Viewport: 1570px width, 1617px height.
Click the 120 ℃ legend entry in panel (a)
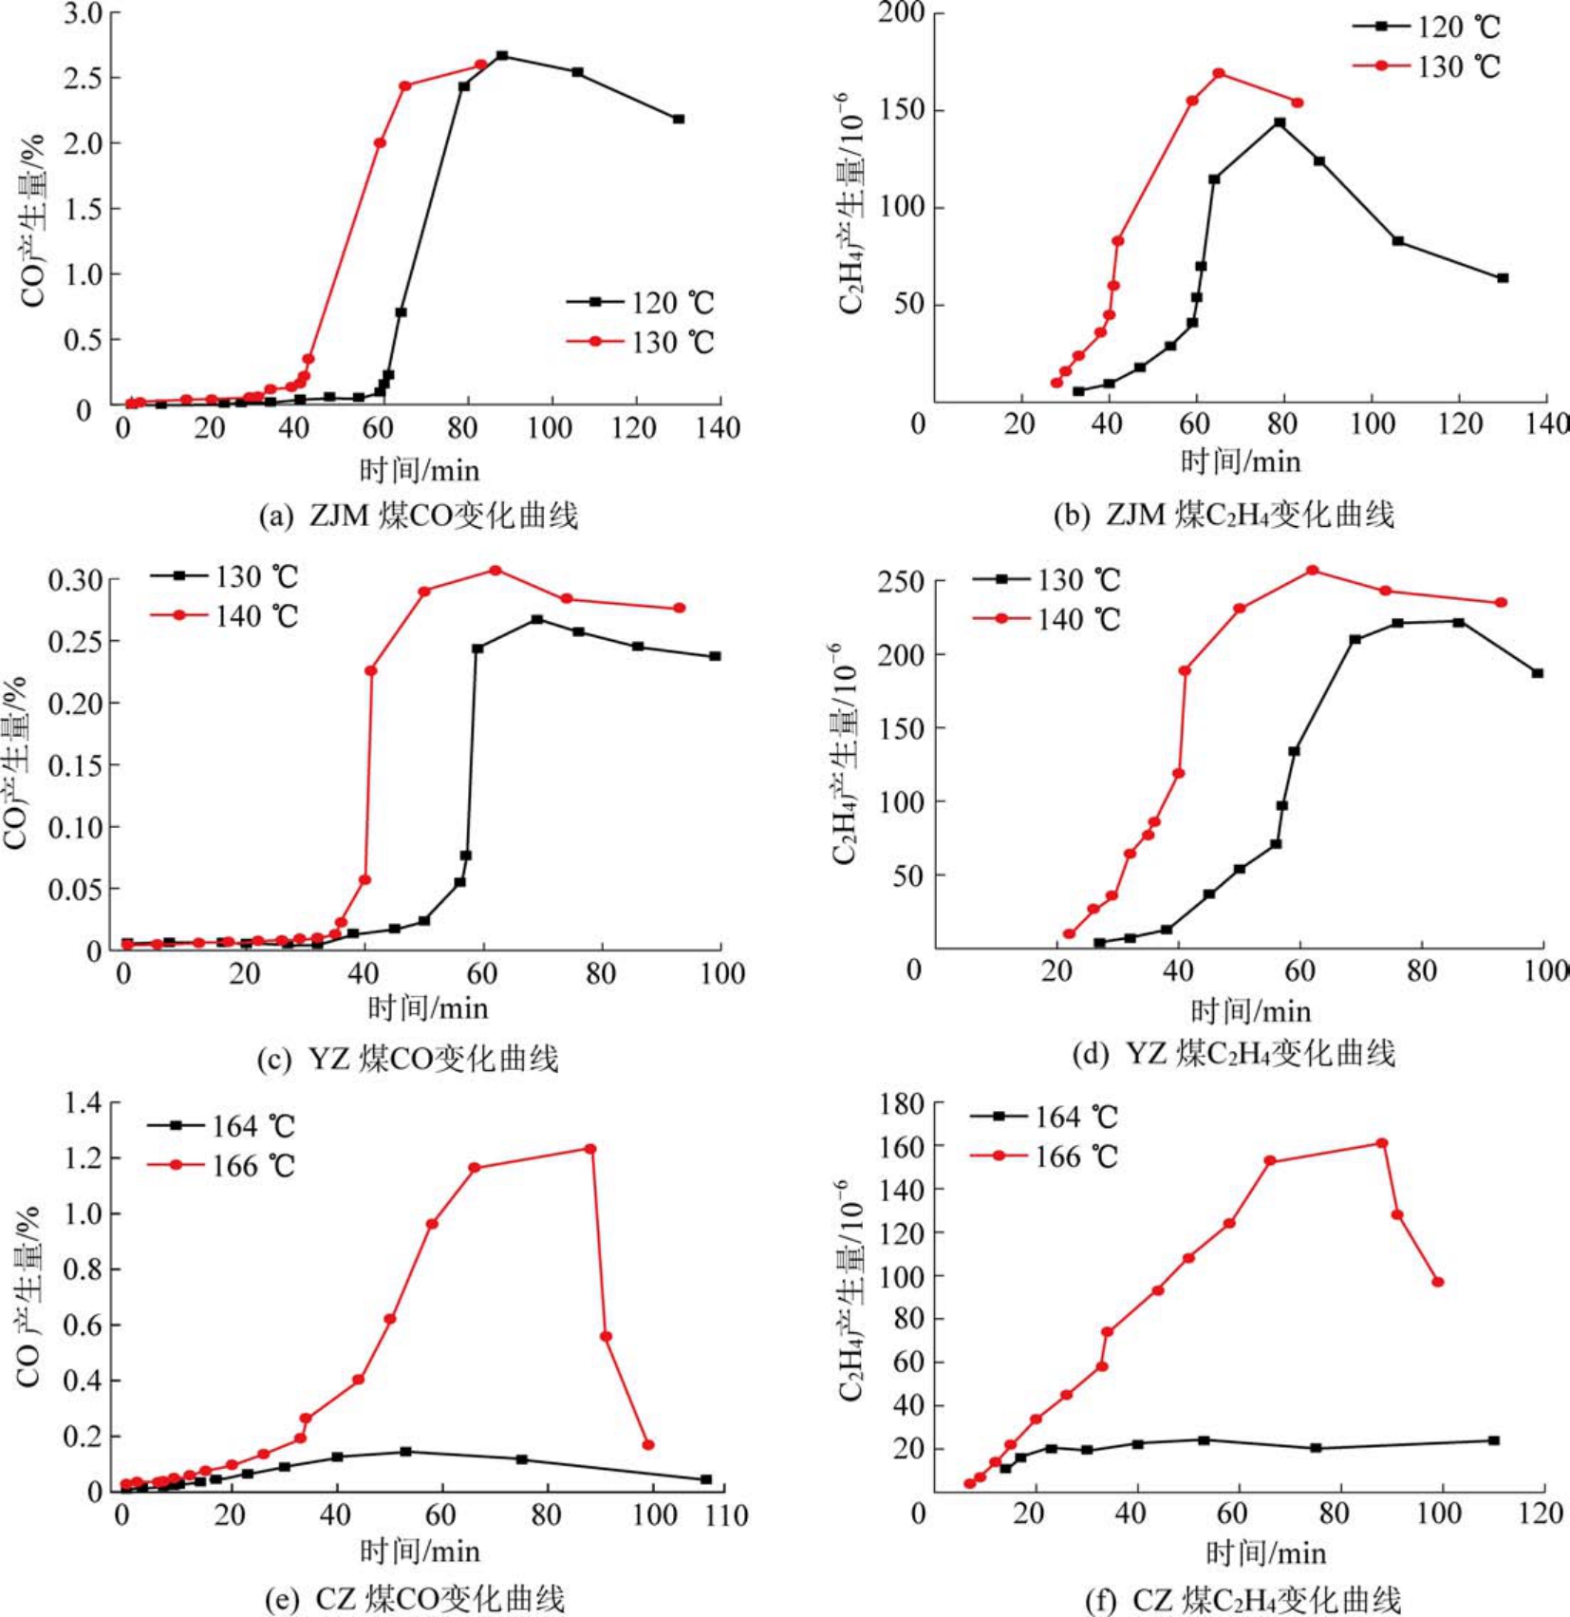click(x=640, y=303)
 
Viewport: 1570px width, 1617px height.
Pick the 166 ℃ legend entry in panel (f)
click(x=1044, y=1156)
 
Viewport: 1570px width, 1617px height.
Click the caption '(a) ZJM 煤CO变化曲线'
click(x=418, y=516)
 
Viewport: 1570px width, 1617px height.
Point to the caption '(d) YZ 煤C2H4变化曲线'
click(x=1233, y=1053)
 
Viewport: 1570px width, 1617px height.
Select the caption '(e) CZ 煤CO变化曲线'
click(x=414, y=1598)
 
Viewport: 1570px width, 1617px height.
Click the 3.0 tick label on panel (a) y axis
click(x=83, y=14)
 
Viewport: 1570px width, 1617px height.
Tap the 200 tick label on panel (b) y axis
click(x=901, y=13)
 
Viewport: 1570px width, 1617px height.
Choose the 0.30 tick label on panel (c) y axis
click(x=77, y=579)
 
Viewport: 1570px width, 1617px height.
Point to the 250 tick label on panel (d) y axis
click(x=901, y=580)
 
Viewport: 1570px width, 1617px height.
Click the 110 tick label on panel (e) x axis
click(x=726, y=1515)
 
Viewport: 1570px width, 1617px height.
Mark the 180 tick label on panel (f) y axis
click(x=901, y=1103)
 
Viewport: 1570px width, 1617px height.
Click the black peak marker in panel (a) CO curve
click(x=502, y=56)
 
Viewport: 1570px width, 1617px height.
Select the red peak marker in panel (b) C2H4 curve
click(x=1219, y=73)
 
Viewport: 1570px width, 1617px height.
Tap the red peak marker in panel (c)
click(x=495, y=571)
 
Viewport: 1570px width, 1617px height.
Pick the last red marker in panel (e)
click(x=648, y=1445)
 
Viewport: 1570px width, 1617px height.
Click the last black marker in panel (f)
click(x=1494, y=1440)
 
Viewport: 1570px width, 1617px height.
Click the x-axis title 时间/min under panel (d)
click(x=1250, y=1011)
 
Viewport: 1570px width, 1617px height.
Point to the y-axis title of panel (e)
click(x=28, y=1296)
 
